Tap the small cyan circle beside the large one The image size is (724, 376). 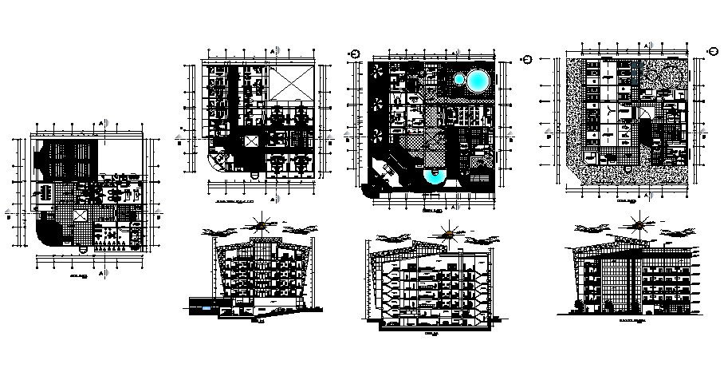pos(459,78)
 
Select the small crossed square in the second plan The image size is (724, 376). pos(252,141)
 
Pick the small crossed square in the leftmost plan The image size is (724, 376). pos(80,217)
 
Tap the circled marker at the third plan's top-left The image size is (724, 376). pos(356,54)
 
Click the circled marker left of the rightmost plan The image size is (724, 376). pos(528,60)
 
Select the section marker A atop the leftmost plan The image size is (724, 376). pos(103,122)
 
